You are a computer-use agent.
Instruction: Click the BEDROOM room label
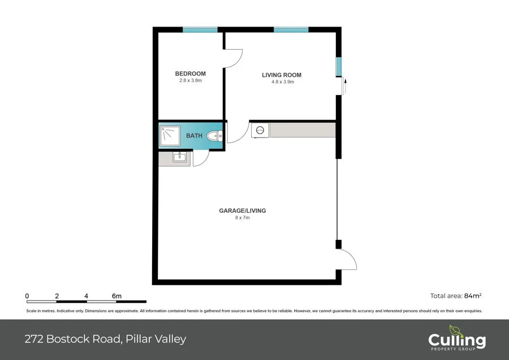point(190,74)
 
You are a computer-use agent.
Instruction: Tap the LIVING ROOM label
point(281,75)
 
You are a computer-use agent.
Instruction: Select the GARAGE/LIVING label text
point(242,211)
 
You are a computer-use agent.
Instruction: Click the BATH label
point(194,136)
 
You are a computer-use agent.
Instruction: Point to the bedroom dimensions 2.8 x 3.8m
point(190,81)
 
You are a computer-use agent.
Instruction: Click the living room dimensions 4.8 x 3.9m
point(282,82)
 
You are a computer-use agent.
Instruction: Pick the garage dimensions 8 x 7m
point(242,218)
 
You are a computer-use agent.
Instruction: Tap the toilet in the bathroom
point(214,136)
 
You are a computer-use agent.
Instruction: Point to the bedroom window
point(200,30)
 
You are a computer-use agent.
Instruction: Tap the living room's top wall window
point(291,30)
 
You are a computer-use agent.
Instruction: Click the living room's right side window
point(339,67)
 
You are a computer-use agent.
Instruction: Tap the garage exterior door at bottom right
point(347,260)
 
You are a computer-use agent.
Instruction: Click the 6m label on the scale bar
point(117,296)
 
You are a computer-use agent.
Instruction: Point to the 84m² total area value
point(472,295)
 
